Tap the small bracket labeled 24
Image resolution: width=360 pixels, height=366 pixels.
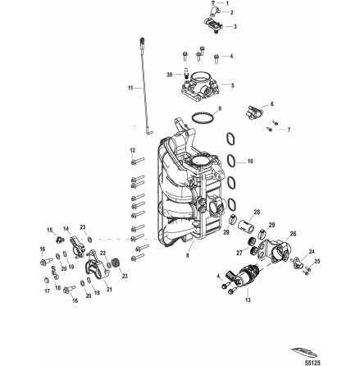[300, 265]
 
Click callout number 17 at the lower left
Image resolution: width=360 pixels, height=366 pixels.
[48, 291]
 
